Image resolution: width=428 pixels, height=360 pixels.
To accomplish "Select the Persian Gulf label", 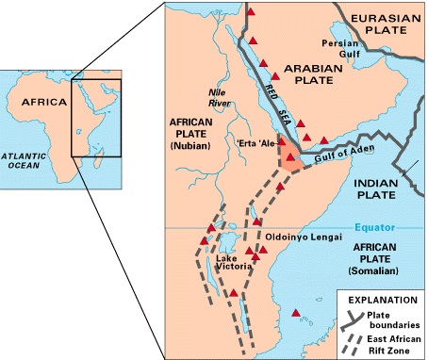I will tap(367, 49).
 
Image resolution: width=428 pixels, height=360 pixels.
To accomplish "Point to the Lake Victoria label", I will tap(233, 263).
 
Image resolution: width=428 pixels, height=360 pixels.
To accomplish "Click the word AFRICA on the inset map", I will tap(45, 102).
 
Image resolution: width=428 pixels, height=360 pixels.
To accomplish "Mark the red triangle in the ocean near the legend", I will tap(298, 313).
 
